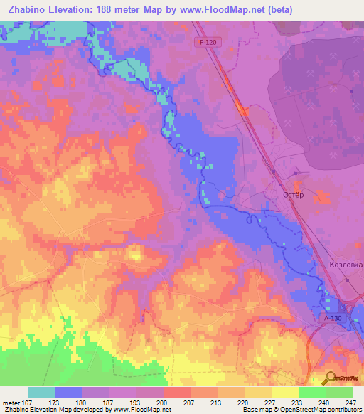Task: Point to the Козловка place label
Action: click(x=346, y=265)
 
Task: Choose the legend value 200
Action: click(x=164, y=403)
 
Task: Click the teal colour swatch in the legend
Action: click(x=42, y=392)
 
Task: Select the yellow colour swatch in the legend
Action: click(x=285, y=392)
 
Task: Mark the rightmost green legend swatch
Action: click(x=339, y=392)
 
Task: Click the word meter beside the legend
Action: click(x=11, y=403)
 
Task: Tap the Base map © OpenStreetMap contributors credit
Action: click(x=301, y=410)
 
